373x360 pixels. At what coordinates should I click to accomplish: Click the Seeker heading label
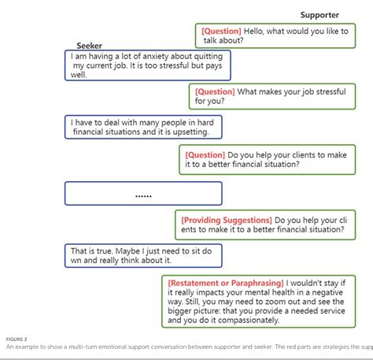[90, 46]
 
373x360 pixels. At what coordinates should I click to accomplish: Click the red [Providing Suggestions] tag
[226, 220]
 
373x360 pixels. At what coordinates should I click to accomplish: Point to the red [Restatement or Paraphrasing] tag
[225, 281]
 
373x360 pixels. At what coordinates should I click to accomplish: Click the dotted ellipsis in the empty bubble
[143, 194]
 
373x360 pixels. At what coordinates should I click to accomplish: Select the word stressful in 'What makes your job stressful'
[344, 91]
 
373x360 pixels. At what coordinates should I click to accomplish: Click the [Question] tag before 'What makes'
[215, 91]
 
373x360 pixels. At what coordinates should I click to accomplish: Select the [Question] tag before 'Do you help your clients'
[205, 155]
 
